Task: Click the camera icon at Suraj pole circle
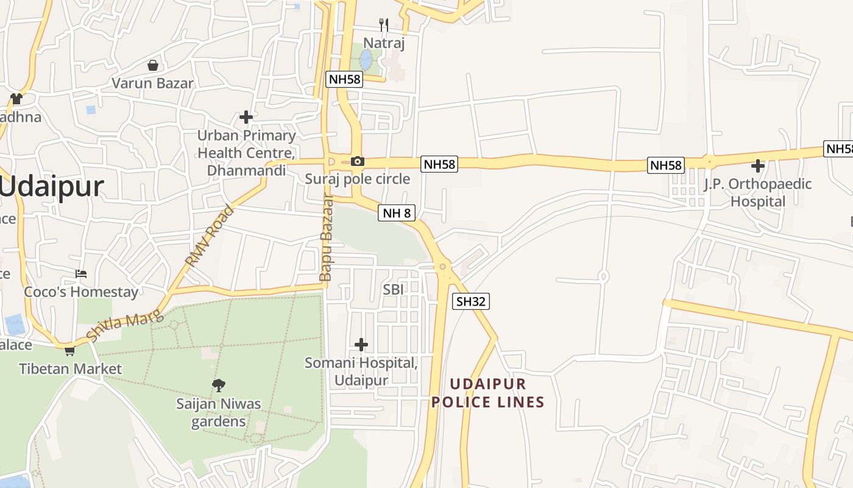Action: click(x=358, y=162)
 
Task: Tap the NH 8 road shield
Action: click(x=397, y=213)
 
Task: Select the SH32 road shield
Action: click(x=471, y=301)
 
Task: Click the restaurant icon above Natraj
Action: click(x=384, y=25)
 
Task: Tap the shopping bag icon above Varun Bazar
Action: click(x=153, y=65)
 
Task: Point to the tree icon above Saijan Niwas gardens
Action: click(x=219, y=385)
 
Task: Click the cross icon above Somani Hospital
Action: click(x=361, y=345)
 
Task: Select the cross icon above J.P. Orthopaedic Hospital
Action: click(x=757, y=165)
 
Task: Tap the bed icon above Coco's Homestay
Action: click(x=81, y=273)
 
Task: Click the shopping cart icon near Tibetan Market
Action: click(x=69, y=351)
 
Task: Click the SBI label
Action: click(x=393, y=290)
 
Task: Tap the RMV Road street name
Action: click(x=210, y=237)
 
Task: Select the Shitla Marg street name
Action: click(x=125, y=325)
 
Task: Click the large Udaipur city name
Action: click(x=52, y=186)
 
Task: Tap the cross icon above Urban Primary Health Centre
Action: click(x=246, y=117)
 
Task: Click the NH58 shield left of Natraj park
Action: click(x=344, y=79)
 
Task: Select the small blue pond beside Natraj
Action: click(x=366, y=60)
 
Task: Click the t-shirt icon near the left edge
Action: click(x=16, y=98)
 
